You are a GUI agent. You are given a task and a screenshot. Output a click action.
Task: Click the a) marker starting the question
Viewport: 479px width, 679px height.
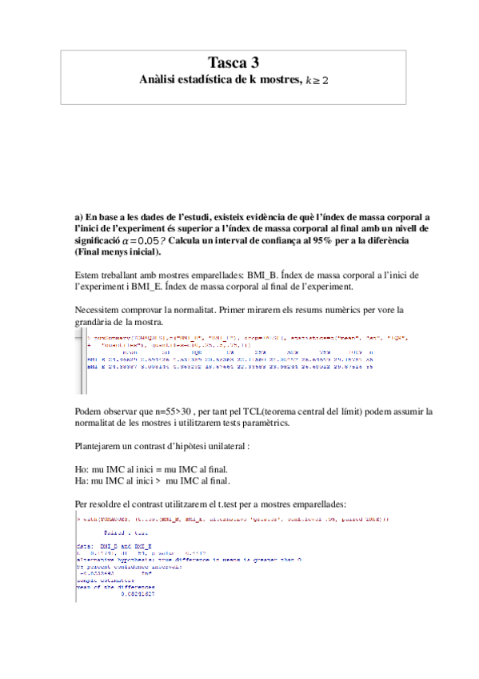click(78, 217)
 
